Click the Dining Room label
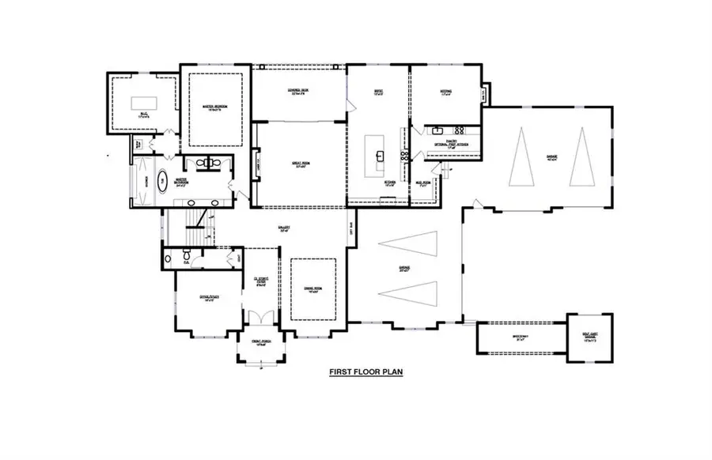pos(315,289)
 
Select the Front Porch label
pos(262,341)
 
